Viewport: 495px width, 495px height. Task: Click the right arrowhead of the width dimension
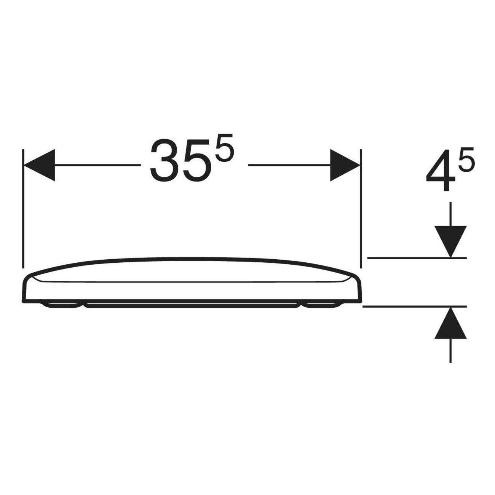point(345,165)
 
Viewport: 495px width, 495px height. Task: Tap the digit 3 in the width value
point(164,161)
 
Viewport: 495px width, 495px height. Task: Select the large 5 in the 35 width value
point(197,162)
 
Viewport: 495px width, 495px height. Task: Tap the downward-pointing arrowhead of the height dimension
point(450,241)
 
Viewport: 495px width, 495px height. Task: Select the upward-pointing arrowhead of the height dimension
point(450,324)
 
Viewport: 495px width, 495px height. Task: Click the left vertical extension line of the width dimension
point(23,209)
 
